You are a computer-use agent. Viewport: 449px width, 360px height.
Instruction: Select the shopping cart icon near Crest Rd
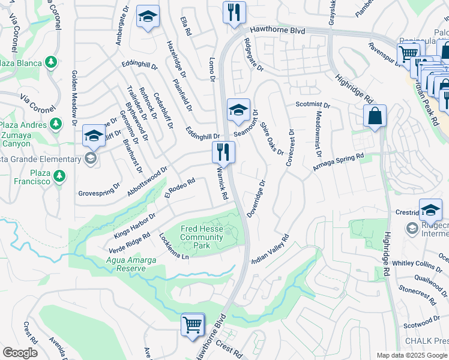point(193,326)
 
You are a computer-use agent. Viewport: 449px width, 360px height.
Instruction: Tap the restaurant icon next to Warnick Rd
point(223,153)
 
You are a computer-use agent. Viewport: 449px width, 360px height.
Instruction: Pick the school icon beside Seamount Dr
point(238,110)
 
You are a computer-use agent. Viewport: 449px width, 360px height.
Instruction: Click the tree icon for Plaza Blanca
point(51,62)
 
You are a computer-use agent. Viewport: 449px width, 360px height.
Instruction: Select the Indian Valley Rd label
point(270,248)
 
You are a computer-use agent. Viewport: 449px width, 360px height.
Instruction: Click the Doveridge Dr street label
point(256,198)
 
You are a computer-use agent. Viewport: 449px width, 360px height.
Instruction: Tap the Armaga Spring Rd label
point(338,163)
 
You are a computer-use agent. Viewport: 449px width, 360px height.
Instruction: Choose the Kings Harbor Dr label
point(135,224)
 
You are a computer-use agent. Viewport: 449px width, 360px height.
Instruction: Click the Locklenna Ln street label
point(173,246)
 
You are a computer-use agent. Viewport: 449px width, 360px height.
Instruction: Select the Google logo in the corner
point(20,353)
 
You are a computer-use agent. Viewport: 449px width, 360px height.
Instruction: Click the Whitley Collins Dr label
point(417,263)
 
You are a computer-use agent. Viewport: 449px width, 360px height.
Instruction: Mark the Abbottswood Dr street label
point(147,182)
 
